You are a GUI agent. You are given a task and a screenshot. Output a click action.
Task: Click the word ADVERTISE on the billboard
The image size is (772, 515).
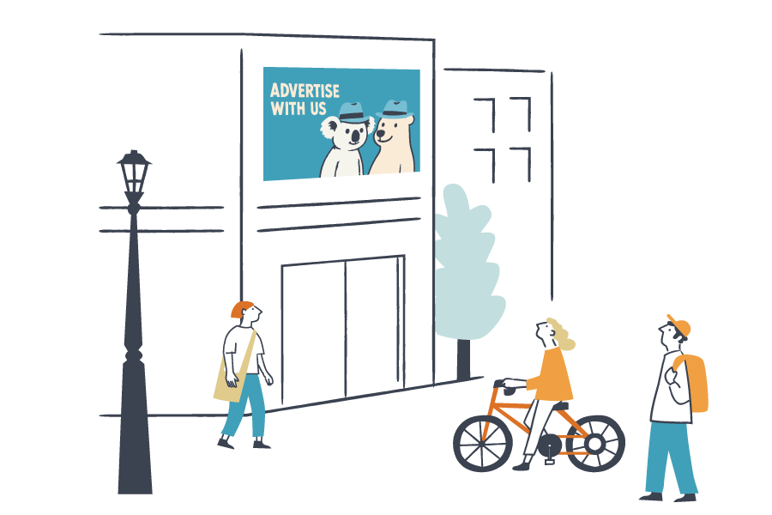tap(305, 90)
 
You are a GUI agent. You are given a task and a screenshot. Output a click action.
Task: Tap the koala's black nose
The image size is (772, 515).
tap(353, 136)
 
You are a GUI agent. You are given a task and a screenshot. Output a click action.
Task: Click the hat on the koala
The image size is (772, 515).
tap(353, 112)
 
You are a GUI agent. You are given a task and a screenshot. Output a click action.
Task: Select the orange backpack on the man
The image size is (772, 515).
tap(695, 383)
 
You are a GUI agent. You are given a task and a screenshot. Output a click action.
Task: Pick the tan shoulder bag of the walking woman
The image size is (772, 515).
tap(228, 382)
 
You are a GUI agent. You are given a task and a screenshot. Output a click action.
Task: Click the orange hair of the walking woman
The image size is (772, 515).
tap(241, 308)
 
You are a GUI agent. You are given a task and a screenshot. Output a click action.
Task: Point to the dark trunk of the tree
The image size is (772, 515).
tap(463, 356)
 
